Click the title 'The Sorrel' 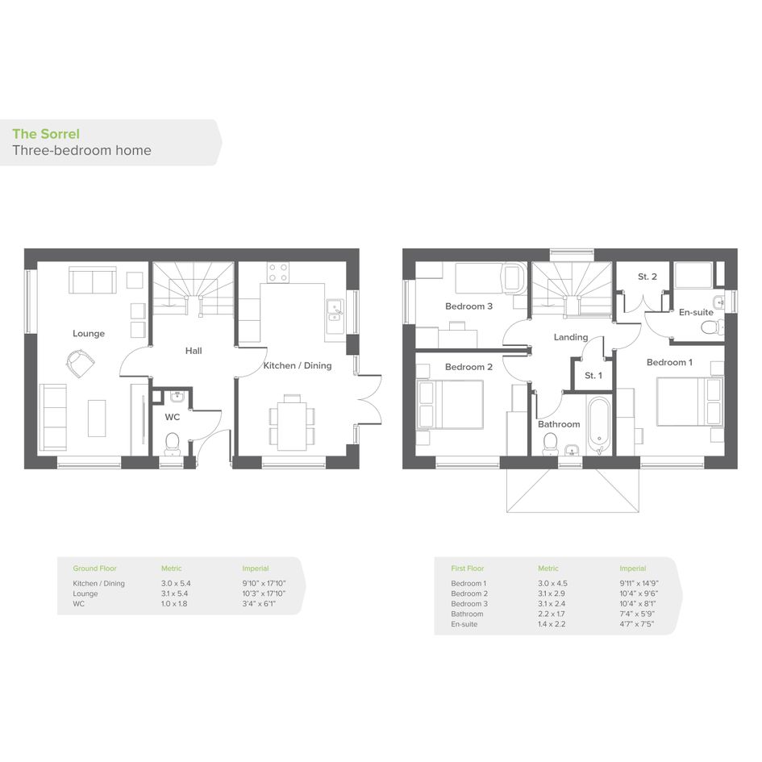(46, 134)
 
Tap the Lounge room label (89, 333)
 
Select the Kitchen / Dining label (298, 365)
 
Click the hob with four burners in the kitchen (278, 273)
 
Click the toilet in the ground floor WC (173, 443)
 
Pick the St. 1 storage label (593, 375)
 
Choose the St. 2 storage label (647, 277)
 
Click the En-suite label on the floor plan (696, 312)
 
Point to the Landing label (571, 337)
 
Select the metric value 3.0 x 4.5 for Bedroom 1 (552, 583)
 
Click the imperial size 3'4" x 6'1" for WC (259, 604)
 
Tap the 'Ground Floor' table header (95, 568)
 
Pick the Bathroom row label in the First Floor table (467, 614)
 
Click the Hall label (194, 351)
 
